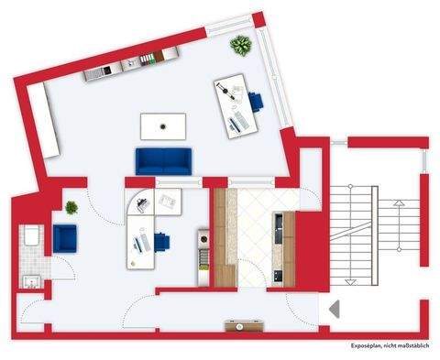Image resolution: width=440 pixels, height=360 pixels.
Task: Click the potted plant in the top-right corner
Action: point(242,45)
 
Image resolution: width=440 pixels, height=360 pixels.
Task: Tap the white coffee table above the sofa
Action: point(163,125)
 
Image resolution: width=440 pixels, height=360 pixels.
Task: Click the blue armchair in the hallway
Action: point(65,238)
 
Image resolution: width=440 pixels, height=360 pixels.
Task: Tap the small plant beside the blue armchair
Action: point(71,208)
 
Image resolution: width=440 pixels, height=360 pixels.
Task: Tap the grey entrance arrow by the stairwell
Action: point(335,310)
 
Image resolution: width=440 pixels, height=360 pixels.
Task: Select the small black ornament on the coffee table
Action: point(163,125)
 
